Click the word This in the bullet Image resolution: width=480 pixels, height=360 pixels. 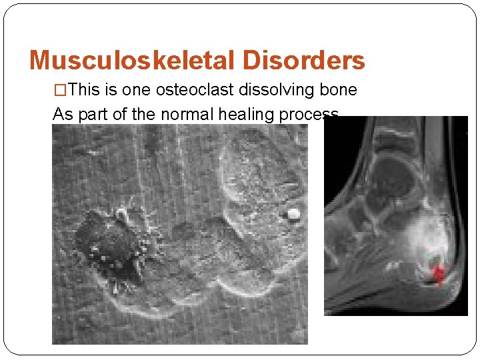[84, 90]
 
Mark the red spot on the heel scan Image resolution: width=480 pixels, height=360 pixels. [439, 273]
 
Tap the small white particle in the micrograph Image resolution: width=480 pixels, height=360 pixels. [292, 214]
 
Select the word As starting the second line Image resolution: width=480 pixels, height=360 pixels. [63, 114]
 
